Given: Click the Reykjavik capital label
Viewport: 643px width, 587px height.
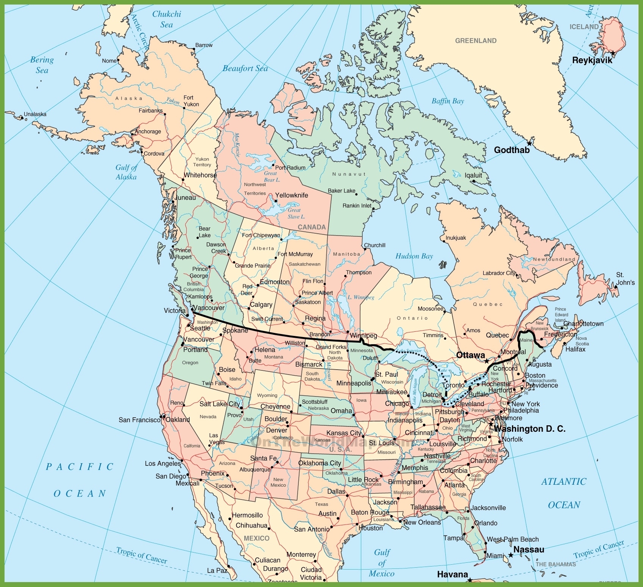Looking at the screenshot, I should click(x=592, y=60).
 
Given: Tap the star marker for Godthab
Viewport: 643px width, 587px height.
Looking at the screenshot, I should click(x=529, y=144).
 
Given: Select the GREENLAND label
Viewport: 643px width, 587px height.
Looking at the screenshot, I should click(x=476, y=41).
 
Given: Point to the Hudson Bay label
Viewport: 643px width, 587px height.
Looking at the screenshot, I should click(x=414, y=256).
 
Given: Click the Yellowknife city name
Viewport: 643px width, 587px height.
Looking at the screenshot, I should click(x=291, y=195).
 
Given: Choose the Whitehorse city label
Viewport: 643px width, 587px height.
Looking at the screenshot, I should click(x=200, y=175).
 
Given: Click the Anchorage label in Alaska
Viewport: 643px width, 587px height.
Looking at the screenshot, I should click(x=148, y=132).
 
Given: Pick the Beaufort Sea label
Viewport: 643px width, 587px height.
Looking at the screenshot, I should click(x=245, y=69).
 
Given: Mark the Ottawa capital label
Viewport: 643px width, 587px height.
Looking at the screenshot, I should click(x=470, y=355).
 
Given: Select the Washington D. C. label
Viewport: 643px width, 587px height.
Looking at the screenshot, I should click(x=529, y=429).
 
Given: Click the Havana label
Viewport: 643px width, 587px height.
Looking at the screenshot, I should click(x=453, y=575).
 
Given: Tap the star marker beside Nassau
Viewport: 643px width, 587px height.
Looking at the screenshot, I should click(x=510, y=555).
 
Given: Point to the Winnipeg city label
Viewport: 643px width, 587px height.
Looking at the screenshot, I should click(x=363, y=336).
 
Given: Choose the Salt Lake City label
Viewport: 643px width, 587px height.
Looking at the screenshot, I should click(x=220, y=404).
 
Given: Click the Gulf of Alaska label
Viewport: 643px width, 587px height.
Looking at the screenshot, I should click(x=126, y=172).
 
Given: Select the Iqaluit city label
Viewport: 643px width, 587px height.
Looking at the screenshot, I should click(x=473, y=175).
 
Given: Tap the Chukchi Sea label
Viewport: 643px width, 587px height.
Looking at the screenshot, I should click(x=167, y=19).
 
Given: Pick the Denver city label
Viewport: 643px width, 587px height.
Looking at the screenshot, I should click(x=276, y=430).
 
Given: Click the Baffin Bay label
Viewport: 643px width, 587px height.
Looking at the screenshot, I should click(x=448, y=101).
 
